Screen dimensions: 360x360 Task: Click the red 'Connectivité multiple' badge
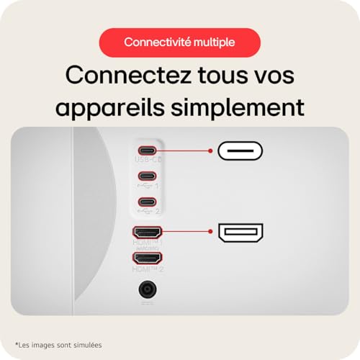pos(179,42)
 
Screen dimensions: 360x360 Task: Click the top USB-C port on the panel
pos(147,151)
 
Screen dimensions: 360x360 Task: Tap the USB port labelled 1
pos(147,176)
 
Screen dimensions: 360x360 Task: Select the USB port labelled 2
pos(147,202)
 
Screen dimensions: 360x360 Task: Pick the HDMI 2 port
pos(147,257)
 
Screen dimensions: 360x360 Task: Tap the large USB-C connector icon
pos(240,151)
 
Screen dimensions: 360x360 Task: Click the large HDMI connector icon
pos(240,232)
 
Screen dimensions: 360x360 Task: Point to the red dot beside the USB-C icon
pos(210,151)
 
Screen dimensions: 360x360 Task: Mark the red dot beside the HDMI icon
pos(210,232)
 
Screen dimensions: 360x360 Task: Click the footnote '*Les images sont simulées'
pos(58,345)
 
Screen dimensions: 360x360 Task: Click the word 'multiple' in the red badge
pos(215,42)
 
